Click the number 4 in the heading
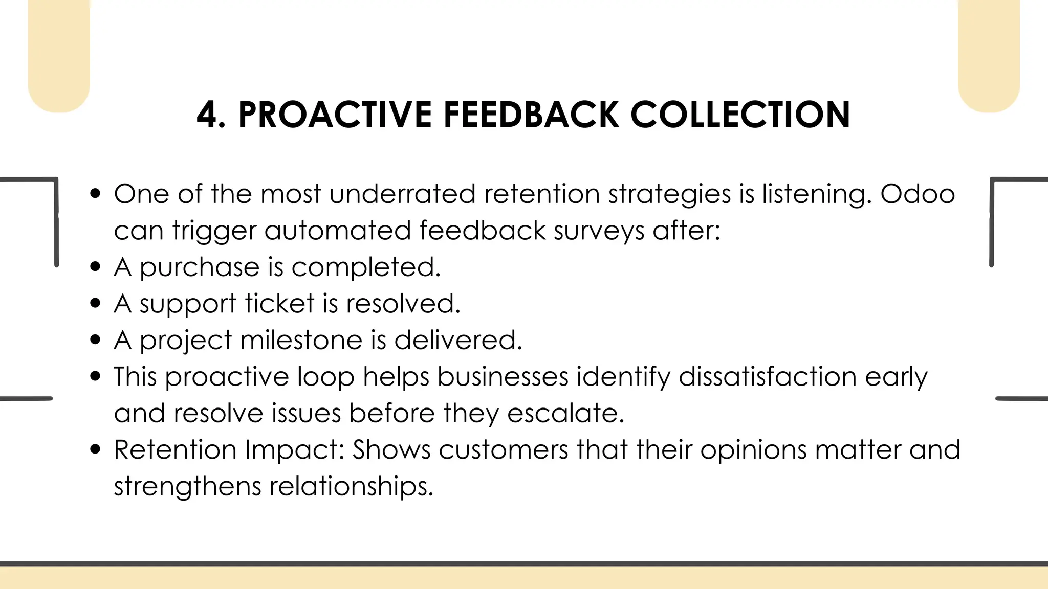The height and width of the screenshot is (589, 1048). click(210, 115)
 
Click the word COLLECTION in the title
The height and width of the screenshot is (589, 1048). click(740, 115)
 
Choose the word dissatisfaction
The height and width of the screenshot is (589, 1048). click(768, 377)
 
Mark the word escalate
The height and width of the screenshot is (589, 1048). click(565, 413)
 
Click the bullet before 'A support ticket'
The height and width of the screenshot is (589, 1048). click(95, 303)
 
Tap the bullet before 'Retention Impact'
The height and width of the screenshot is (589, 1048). click(95, 449)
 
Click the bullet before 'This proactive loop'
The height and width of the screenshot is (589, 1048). click(95, 376)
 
